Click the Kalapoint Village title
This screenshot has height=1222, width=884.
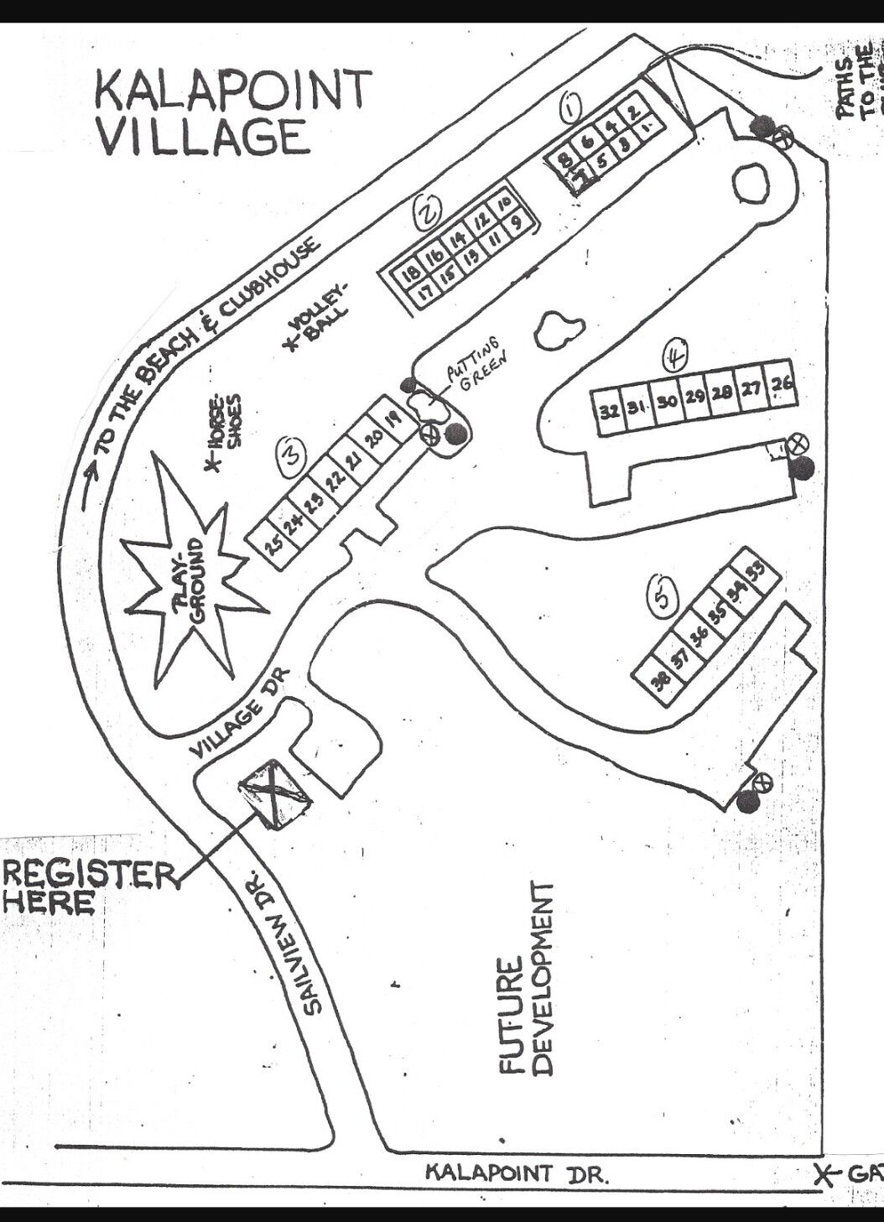233,112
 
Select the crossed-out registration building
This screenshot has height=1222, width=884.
274,793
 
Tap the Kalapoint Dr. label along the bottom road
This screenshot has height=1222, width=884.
517,1172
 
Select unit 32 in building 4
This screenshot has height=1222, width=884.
610,411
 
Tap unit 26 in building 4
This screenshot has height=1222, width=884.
781,385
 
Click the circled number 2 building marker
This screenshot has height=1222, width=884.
428,215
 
